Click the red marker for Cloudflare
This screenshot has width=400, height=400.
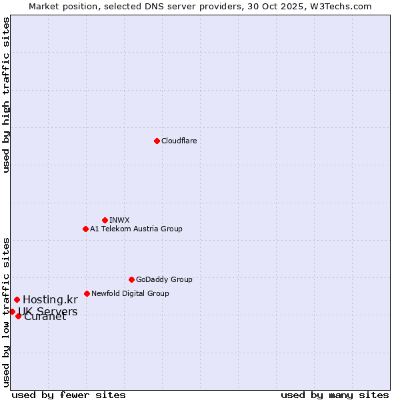[x=157, y=141]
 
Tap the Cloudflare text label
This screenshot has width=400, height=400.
[x=179, y=141]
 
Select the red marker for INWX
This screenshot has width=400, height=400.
[x=105, y=220]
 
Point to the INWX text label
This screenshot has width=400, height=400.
[x=119, y=220]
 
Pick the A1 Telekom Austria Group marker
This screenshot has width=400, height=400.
[x=85, y=229]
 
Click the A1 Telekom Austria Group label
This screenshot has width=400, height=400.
[x=136, y=229]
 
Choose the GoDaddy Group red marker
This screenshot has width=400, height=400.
[x=131, y=279]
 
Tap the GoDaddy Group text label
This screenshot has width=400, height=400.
[x=164, y=279]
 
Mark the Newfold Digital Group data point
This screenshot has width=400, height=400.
[x=87, y=293]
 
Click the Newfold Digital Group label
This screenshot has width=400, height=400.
[x=130, y=293]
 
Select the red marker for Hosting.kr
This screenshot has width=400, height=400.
[x=17, y=300]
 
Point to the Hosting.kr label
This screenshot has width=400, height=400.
[x=50, y=300]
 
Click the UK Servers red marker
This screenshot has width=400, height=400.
[x=12, y=311]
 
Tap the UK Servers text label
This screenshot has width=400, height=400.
[x=48, y=312]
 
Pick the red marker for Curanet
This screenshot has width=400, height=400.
[x=18, y=316]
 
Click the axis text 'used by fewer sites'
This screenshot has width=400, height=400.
[x=69, y=395]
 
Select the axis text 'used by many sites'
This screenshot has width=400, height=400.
[x=335, y=395]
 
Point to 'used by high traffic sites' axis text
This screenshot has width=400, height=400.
[x=7, y=95]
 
